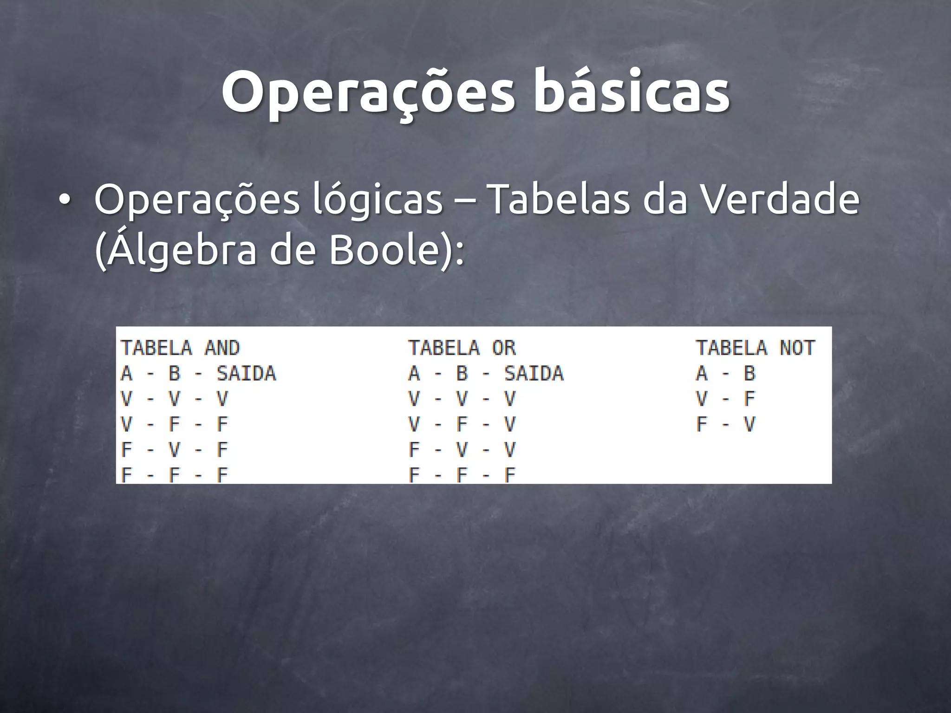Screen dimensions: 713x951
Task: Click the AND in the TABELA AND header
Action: pyautogui.click(x=222, y=348)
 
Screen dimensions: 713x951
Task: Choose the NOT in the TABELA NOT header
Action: pyautogui.click(x=797, y=348)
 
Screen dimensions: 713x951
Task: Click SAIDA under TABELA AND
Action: pyautogui.click(x=246, y=373)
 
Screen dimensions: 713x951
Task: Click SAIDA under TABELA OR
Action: pyautogui.click(x=534, y=373)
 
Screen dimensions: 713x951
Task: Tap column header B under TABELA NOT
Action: pyautogui.click(x=749, y=373)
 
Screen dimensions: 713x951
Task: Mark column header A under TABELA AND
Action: pyautogui.click(x=126, y=373)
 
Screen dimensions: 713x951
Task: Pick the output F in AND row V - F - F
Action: pyautogui.click(x=222, y=424)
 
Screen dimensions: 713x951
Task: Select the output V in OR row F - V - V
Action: pyautogui.click(x=510, y=449)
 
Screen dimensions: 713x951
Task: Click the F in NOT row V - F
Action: pyautogui.click(x=749, y=398)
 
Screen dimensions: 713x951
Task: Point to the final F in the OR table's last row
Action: pyautogui.click(x=510, y=475)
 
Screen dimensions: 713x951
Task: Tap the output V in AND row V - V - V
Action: pyautogui.click(x=222, y=398)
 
